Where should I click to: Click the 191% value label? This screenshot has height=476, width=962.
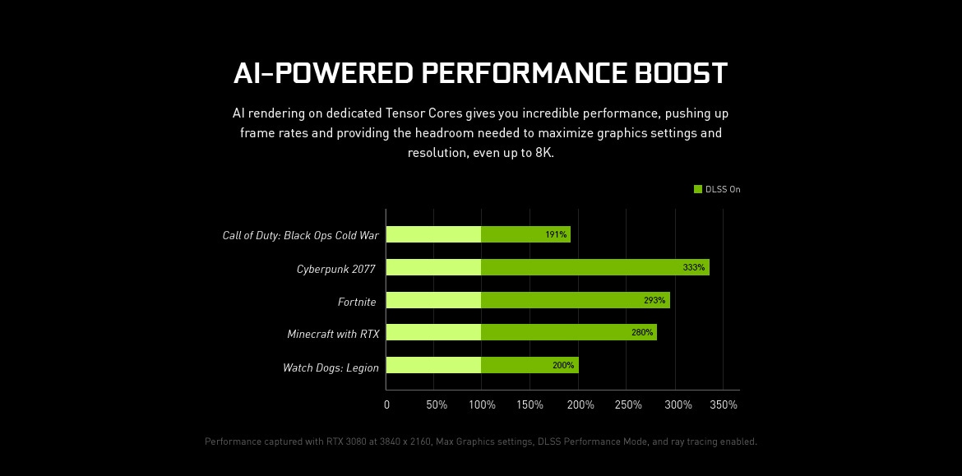pyautogui.click(x=556, y=234)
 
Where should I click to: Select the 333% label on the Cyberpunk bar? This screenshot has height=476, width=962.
pyautogui.click(x=694, y=267)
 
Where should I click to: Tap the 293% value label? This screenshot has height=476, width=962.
pyautogui.click(x=654, y=300)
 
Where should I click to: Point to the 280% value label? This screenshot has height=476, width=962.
pyautogui.click(x=642, y=332)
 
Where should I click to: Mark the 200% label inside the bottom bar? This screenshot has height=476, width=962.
pyautogui.click(x=563, y=365)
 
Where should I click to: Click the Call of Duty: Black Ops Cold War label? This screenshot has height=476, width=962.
pyautogui.click(x=300, y=235)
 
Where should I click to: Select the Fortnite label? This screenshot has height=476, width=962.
pyautogui.click(x=357, y=302)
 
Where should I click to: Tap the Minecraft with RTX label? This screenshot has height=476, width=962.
pyautogui.click(x=333, y=334)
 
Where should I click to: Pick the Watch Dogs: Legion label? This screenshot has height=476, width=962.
pyautogui.click(x=331, y=367)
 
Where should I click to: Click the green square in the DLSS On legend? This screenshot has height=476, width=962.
pyautogui.click(x=698, y=189)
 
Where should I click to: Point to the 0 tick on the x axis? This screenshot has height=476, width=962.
pyautogui.click(x=386, y=404)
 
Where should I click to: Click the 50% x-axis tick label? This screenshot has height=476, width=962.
pyautogui.click(x=437, y=404)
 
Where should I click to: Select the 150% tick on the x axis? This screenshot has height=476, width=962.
pyautogui.click(x=530, y=404)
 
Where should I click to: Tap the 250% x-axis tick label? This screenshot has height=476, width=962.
pyautogui.click(x=627, y=404)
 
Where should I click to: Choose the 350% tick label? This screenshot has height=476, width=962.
pyautogui.click(x=724, y=404)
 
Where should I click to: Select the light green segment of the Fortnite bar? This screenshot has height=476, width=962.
pyautogui.click(x=433, y=300)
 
